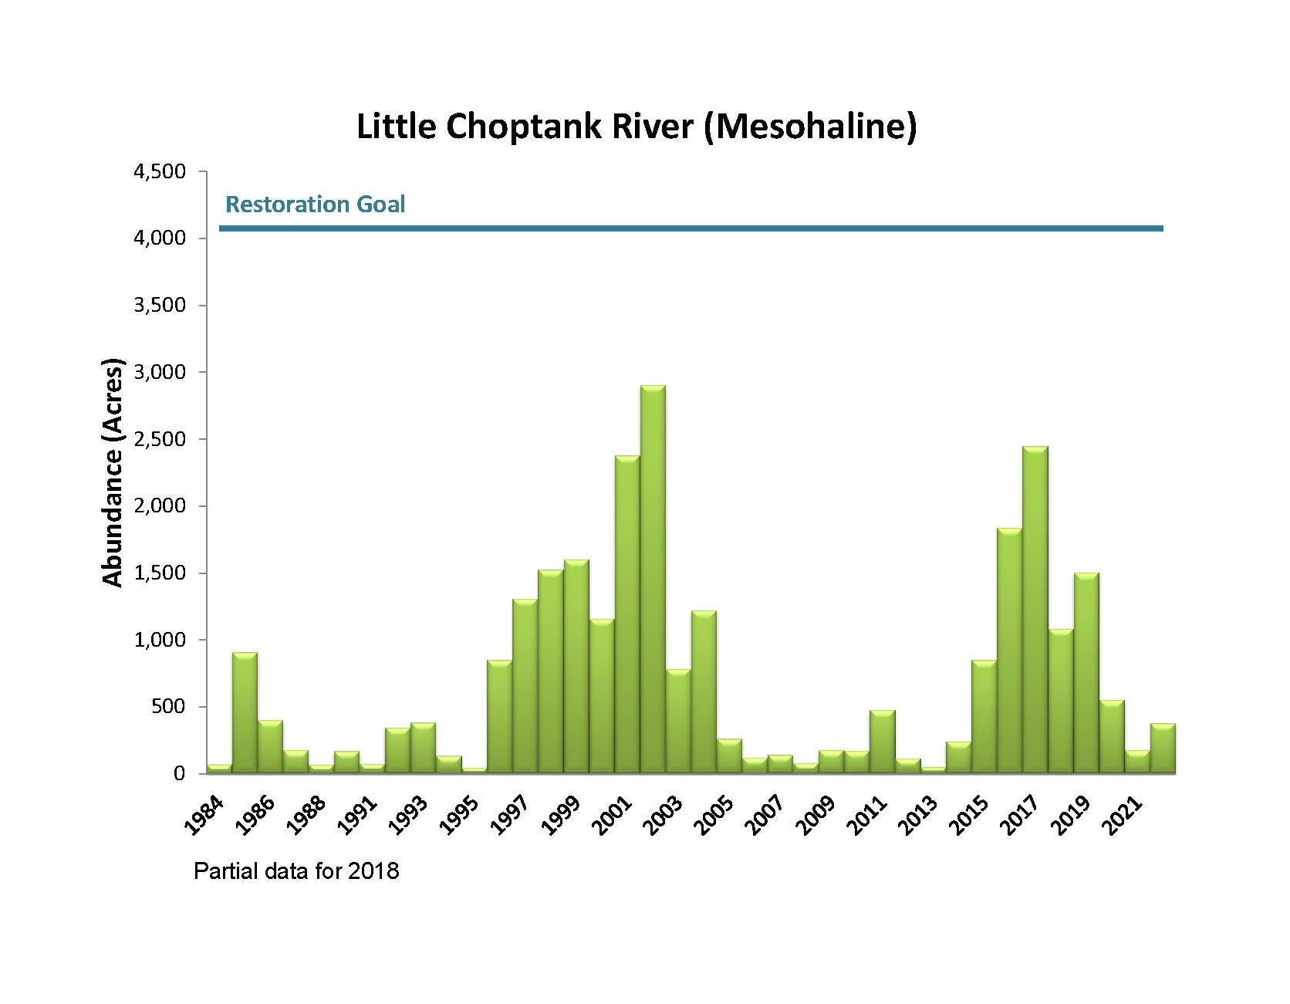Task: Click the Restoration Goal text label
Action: (315, 205)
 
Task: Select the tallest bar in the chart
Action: (653, 579)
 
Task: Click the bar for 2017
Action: (1035, 610)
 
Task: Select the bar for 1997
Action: (525, 686)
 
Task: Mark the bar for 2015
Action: (984, 717)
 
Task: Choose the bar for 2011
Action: (883, 742)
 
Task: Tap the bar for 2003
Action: (678, 722)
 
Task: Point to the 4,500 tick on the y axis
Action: (160, 171)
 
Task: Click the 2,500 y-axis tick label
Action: (160, 439)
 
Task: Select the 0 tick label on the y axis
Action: (180, 774)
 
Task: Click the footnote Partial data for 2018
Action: (296, 872)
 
